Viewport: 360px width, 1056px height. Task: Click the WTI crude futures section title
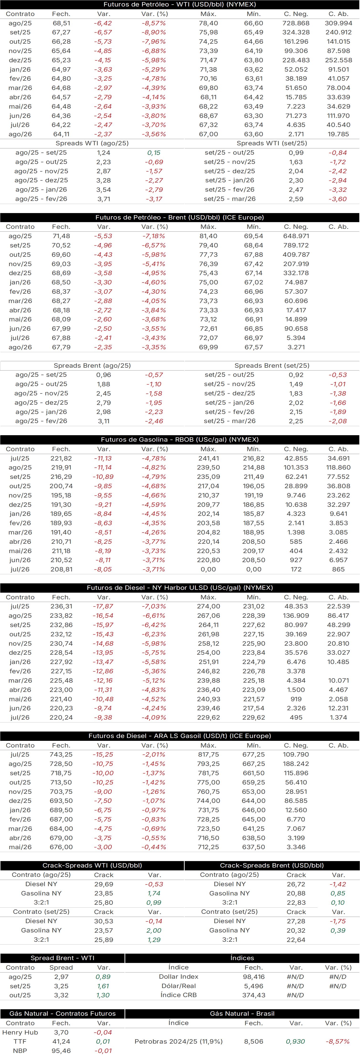(180, 5)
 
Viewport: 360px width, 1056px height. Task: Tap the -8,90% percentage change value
(154, 32)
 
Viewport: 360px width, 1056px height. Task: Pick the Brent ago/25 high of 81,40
(208, 236)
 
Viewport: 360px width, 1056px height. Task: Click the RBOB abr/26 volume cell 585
(296, 542)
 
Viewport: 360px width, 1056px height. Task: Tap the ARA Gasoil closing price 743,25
(61, 754)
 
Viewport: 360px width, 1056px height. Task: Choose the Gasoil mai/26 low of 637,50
(253, 847)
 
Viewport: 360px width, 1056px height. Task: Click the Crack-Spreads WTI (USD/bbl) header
(92, 865)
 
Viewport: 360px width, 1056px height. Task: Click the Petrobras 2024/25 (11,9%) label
(178, 1042)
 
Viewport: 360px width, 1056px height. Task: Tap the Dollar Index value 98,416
(253, 977)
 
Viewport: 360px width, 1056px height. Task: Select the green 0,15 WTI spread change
(154, 153)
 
